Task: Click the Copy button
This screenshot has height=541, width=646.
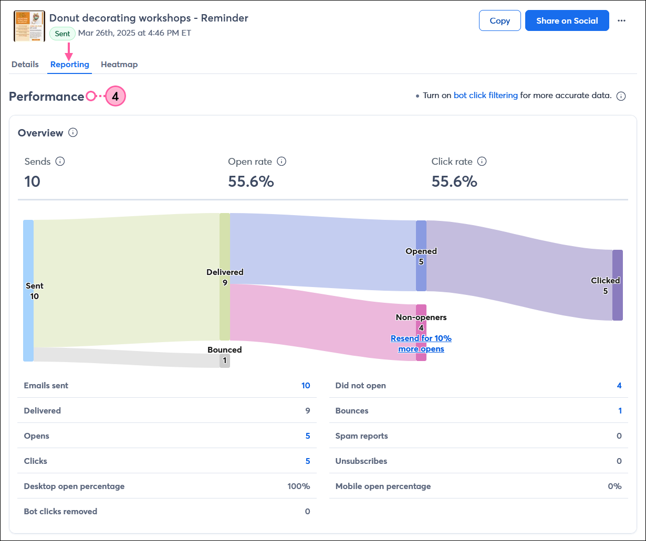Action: coord(499,20)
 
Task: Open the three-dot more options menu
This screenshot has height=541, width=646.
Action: coord(621,20)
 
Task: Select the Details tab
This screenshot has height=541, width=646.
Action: coord(25,65)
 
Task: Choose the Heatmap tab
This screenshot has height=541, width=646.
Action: coord(119,65)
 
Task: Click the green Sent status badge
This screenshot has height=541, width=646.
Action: coord(62,34)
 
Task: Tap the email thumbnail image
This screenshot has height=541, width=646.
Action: coord(29,26)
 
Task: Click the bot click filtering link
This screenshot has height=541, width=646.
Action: coord(485,96)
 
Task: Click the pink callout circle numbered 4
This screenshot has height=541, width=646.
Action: coord(116,97)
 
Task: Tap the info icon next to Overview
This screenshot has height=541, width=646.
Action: coord(73,133)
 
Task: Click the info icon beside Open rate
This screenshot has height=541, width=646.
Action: coord(282,161)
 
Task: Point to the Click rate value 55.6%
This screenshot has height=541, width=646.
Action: coord(454,182)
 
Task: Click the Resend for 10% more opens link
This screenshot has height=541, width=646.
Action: coord(421,344)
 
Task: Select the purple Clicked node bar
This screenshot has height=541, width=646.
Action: coord(618,285)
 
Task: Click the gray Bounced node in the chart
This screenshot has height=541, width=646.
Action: coord(224,360)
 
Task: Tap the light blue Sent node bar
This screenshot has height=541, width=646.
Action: coord(28,291)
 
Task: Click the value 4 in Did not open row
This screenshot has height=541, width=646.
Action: coord(619,386)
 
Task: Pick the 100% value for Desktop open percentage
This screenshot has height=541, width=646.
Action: coord(298,486)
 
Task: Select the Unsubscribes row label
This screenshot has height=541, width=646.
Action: coord(361,461)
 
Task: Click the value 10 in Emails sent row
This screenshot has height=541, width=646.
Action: coord(306,386)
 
